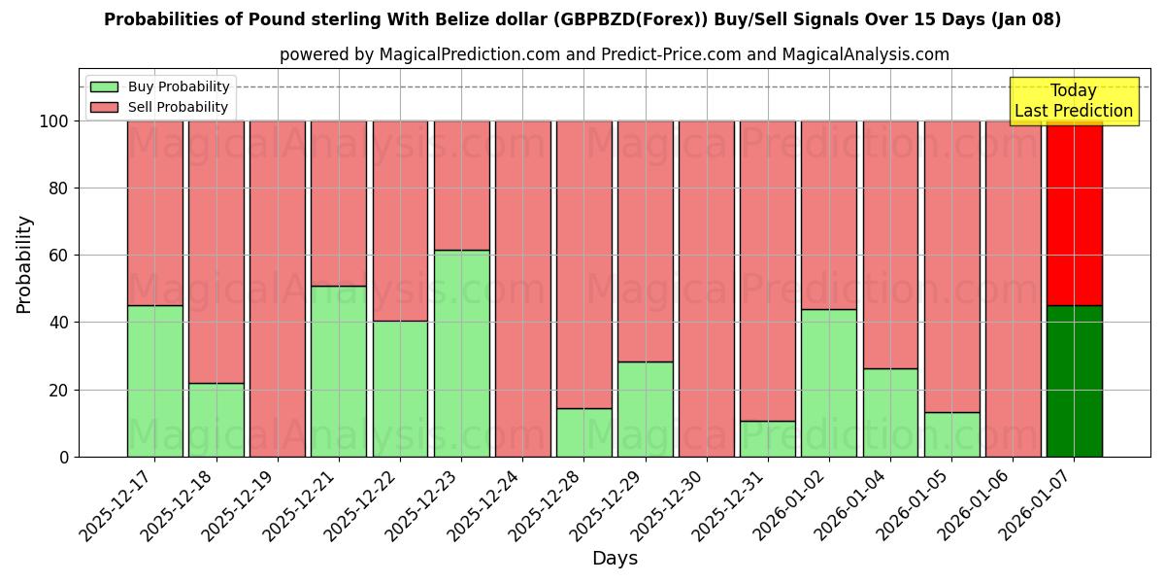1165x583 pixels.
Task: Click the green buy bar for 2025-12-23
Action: pos(461,354)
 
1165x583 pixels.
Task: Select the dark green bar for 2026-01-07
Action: pos(1074,381)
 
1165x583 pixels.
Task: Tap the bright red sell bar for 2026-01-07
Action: pos(1074,214)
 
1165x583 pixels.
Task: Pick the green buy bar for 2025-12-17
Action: pos(154,381)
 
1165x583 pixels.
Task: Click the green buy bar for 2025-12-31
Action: pos(768,438)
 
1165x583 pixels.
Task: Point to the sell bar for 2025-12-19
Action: pos(278,289)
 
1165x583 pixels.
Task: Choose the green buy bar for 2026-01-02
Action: pos(829,383)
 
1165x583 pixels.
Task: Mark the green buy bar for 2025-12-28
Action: pos(583,432)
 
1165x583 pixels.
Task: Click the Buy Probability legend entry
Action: pos(161,87)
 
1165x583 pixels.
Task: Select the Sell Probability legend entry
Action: pos(161,108)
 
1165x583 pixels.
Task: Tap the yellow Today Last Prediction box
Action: pos(1073,101)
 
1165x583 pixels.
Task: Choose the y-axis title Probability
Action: pos(24,264)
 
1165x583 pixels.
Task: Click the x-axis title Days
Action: pos(615,559)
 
